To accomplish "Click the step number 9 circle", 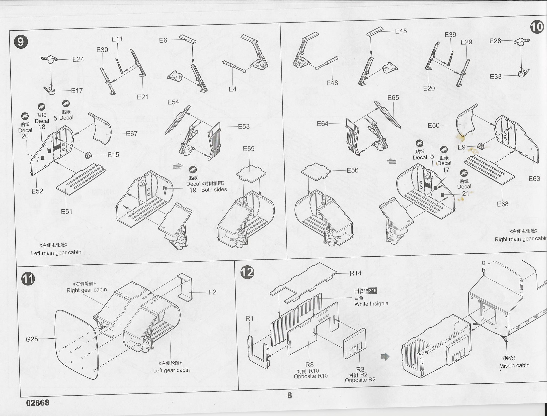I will [x=21, y=42].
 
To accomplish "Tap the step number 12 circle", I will [x=247, y=272].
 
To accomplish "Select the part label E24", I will [x=78, y=59].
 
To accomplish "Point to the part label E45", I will [x=401, y=31].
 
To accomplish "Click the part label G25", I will [x=32, y=339].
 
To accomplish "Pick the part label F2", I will [x=212, y=292].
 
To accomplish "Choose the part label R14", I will [x=355, y=273].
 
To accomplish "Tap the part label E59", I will [x=249, y=149].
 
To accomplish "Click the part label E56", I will [x=352, y=170].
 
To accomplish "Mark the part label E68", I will [x=503, y=204].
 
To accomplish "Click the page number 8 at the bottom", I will [x=290, y=395].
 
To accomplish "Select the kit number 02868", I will [x=38, y=403].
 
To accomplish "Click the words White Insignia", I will [x=371, y=304].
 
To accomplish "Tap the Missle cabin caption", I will [x=514, y=365].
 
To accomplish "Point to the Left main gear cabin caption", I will [x=56, y=252].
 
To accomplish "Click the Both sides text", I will [x=214, y=190].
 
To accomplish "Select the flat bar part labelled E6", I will [x=188, y=39].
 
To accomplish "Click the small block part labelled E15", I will [x=89, y=155].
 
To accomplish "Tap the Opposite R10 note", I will [x=310, y=376].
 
